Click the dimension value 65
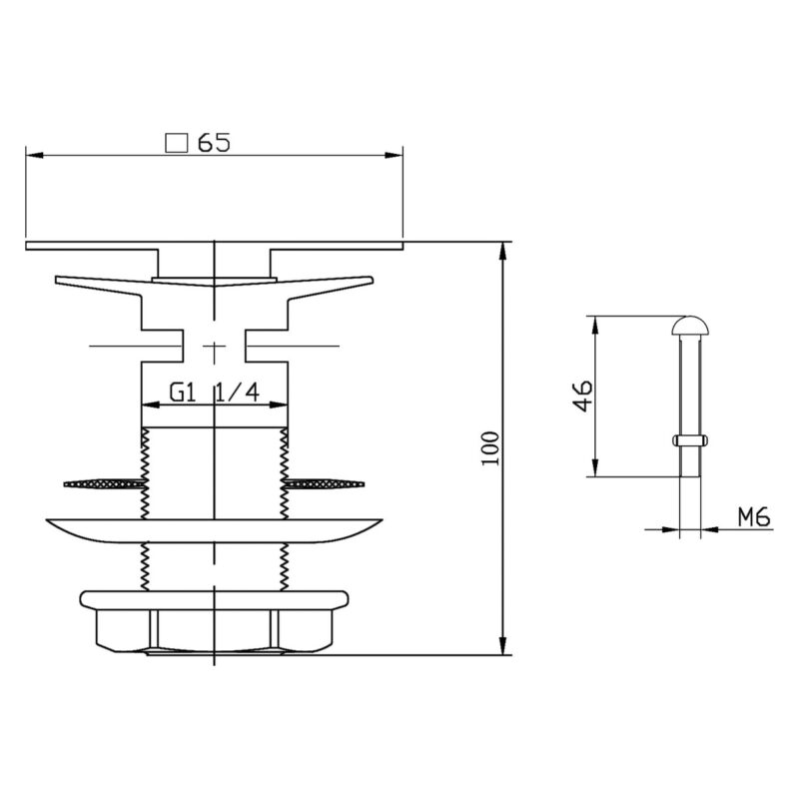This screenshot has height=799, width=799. (x=214, y=142)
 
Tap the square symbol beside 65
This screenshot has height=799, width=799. (x=176, y=143)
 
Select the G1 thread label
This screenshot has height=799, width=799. (x=183, y=393)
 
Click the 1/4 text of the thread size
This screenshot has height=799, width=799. (x=238, y=393)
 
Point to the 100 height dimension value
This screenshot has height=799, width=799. (x=489, y=447)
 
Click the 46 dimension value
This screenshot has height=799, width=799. (x=582, y=395)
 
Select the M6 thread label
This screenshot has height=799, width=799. (x=754, y=517)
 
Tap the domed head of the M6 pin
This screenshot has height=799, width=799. (x=690, y=327)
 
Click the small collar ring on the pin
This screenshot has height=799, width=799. (x=690, y=439)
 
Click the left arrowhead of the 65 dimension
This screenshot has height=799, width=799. (x=35, y=155)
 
